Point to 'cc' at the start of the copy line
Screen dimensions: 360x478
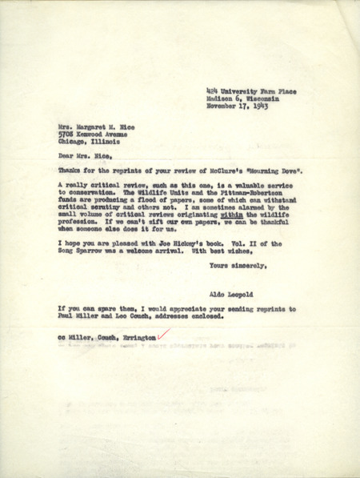coord(61,339)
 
